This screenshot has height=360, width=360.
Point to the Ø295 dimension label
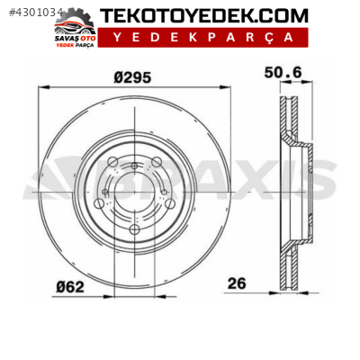(x=132, y=76)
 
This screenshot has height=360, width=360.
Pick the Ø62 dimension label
(x=71, y=285)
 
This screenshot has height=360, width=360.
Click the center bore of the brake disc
(x=133, y=190)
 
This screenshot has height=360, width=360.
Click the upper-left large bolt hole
(x=112, y=162)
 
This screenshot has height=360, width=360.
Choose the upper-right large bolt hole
(x=156, y=162)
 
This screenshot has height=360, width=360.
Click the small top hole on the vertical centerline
(x=134, y=166)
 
